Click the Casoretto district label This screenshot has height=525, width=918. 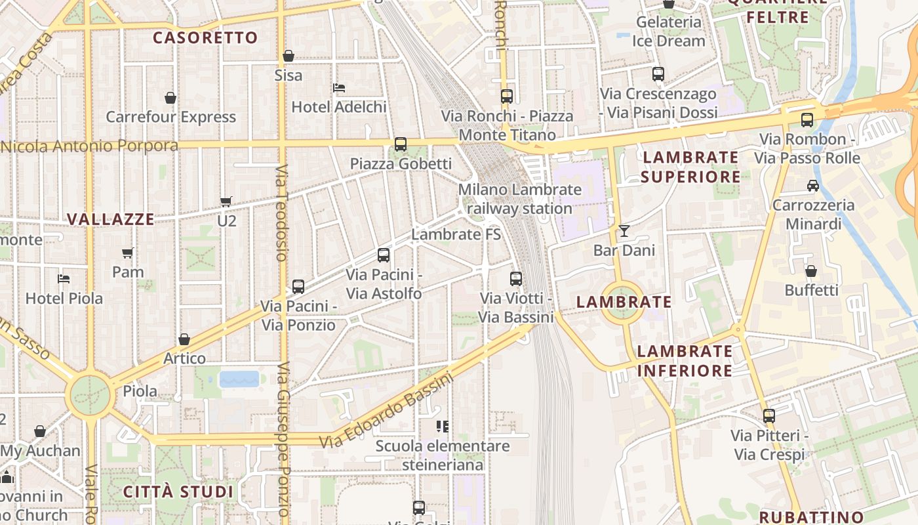(205, 37)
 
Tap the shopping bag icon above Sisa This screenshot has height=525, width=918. (288, 56)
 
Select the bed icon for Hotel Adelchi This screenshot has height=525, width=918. (339, 87)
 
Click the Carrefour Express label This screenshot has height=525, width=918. (170, 117)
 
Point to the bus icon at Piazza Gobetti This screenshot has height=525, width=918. (400, 144)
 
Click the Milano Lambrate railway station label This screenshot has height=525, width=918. (520, 199)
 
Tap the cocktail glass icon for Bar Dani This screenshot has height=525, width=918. (624, 231)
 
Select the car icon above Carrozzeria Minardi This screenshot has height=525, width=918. (813, 186)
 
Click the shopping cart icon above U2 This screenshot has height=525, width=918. (226, 201)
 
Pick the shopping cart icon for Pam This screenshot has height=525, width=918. (128, 253)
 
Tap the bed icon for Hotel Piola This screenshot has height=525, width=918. (64, 279)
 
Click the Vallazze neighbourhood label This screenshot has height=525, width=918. (111, 219)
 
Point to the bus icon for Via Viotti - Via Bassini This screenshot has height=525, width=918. (516, 279)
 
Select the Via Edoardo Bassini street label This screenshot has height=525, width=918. (386, 411)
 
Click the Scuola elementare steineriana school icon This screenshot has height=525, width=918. (443, 427)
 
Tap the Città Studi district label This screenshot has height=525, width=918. (178, 492)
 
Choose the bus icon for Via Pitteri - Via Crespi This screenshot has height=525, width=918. (768, 416)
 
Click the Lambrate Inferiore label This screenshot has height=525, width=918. (685, 361)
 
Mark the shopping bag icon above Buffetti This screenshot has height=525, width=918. (811, 271)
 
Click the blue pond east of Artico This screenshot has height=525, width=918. (239, 379)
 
